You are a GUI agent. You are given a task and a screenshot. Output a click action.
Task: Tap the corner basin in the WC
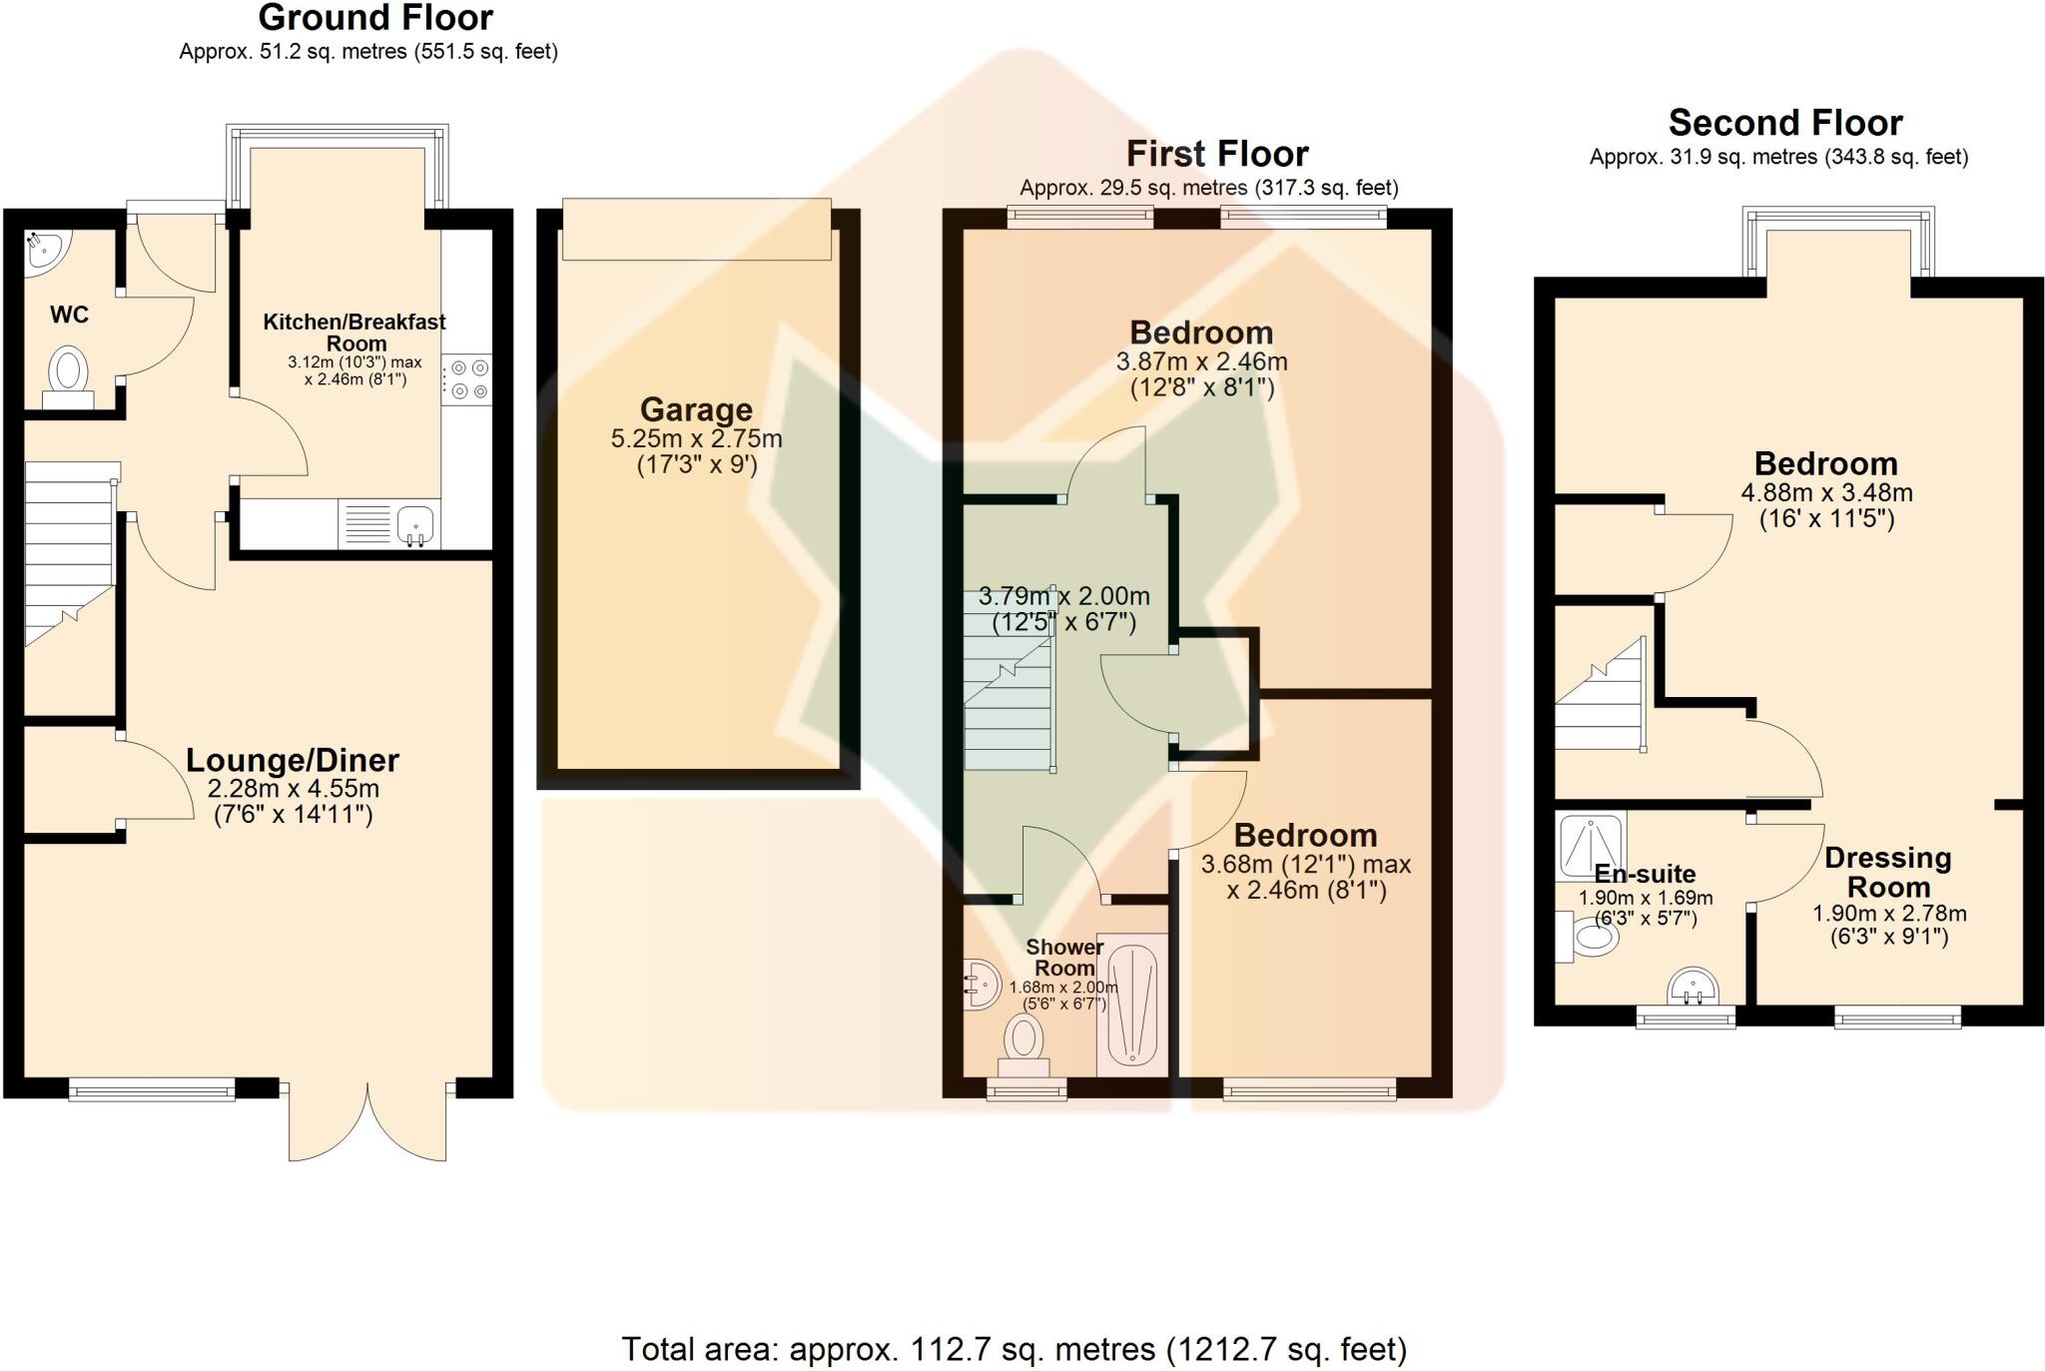point(41,249)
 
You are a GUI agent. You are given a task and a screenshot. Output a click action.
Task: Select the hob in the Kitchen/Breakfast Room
point(467,379)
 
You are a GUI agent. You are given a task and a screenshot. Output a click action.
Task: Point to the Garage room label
point(696,409)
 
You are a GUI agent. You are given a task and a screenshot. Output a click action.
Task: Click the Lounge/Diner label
point(293,760)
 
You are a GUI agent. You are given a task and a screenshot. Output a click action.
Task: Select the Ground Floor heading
point(375,18)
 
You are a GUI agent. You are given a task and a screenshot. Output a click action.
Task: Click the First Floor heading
point(1217,154)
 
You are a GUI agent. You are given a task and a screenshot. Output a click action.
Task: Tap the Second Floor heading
point(1785,123)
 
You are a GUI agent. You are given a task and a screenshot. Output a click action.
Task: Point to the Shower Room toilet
point(1023,1042)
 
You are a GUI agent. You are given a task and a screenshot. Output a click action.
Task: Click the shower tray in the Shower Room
point(1131,1004)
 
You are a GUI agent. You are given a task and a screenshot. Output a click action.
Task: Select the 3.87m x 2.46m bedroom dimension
point(1201,361)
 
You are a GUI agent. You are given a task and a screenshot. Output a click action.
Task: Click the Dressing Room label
point(1887,872)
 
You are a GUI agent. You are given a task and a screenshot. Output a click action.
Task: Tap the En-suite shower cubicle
point(1590,844)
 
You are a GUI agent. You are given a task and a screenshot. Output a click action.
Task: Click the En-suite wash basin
point(1694,987)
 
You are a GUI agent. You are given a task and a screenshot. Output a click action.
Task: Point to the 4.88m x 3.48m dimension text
point(1826,492)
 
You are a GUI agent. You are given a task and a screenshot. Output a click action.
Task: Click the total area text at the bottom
point(1014,1349)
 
